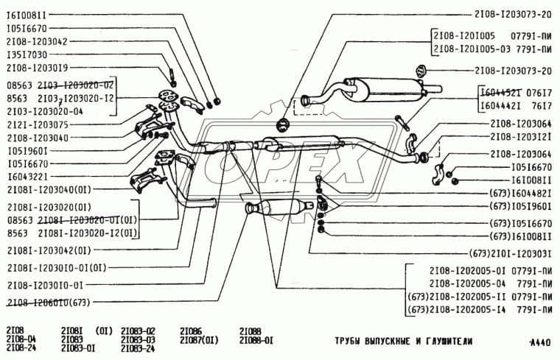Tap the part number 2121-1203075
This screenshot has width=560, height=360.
[x=38, y=124]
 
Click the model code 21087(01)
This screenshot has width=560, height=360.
[x=199, y=340]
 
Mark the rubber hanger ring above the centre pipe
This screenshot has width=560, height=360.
[x=281, y=124]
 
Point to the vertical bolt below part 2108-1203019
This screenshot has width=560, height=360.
[x=171, y=75]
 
